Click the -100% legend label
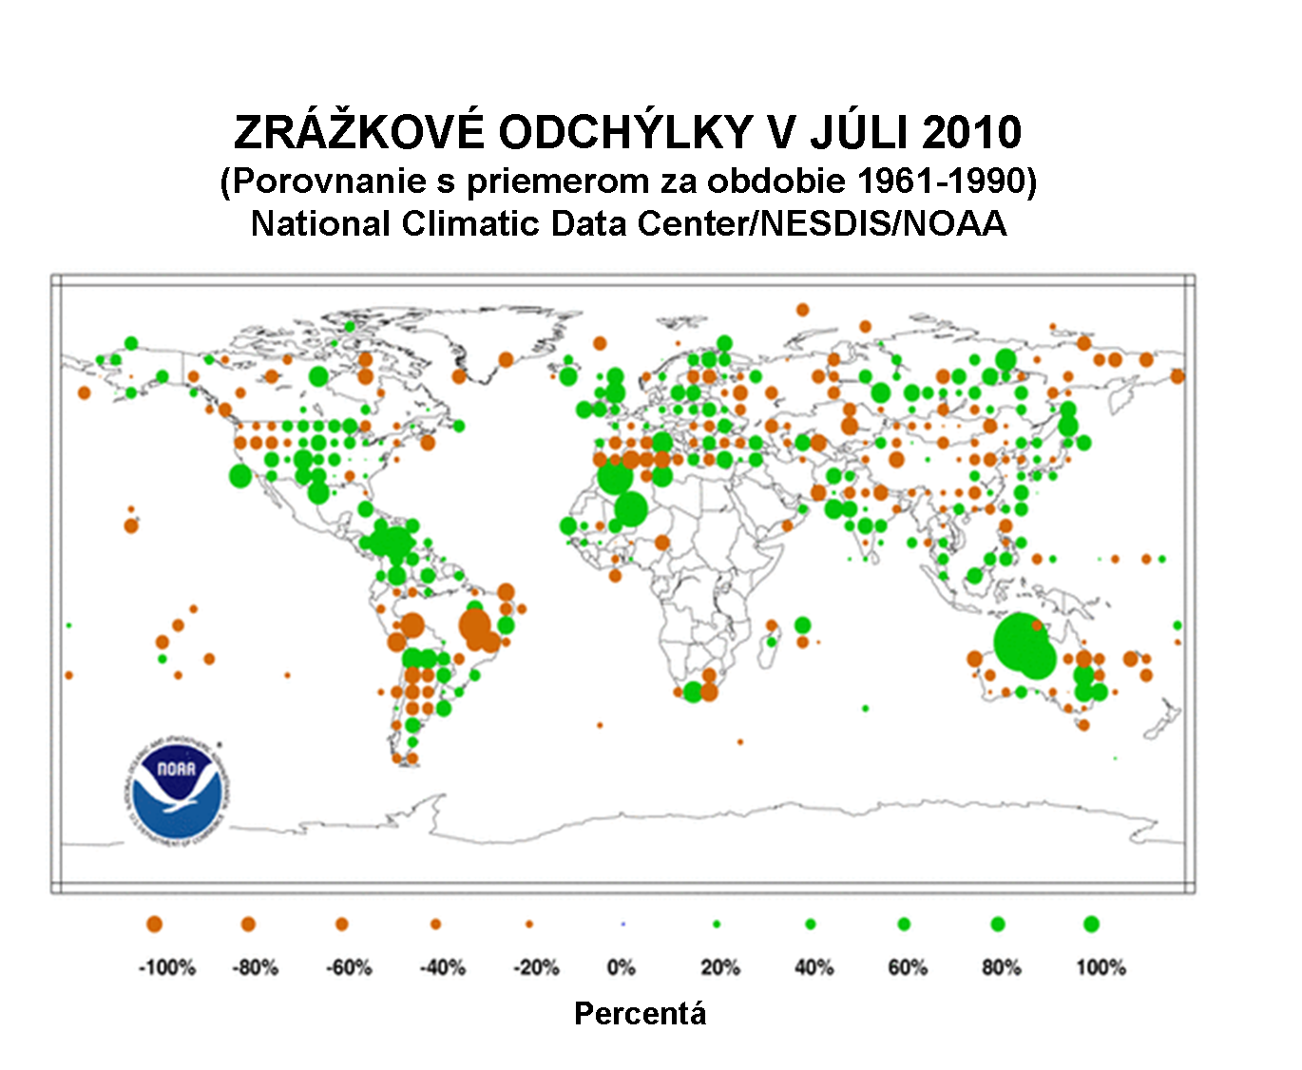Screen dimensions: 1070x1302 167,967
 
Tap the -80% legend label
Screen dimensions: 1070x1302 255,967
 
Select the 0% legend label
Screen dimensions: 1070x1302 622,967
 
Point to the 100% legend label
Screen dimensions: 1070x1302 1101,967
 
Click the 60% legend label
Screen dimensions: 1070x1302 908,967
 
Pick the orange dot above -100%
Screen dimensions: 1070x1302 154,924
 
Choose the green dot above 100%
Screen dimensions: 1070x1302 1091,924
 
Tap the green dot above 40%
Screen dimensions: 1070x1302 810,924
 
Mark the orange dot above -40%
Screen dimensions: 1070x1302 435,924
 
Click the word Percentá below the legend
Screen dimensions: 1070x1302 640,1014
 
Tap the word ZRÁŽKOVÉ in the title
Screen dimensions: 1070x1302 359,131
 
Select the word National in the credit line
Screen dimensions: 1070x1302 320,224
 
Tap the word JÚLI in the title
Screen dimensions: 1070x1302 860,131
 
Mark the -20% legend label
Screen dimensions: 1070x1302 536,967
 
